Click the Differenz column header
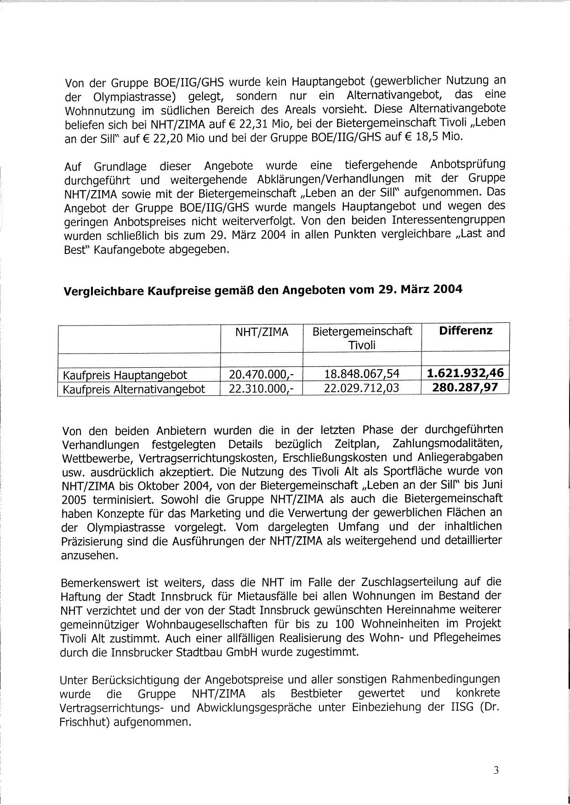(465, 331)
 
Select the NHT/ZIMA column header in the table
(262, 332)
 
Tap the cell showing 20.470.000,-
(262, 375)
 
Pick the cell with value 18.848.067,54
(362, 374)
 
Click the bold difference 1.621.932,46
(465, 372)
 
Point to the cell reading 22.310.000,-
(262, 389)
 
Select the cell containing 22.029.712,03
(362, 388)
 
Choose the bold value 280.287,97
(465, 387)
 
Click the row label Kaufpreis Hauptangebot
(125, 376)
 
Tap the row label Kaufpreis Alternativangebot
(134, 389)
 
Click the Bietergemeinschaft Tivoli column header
(362, 338)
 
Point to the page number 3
(496, 771)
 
